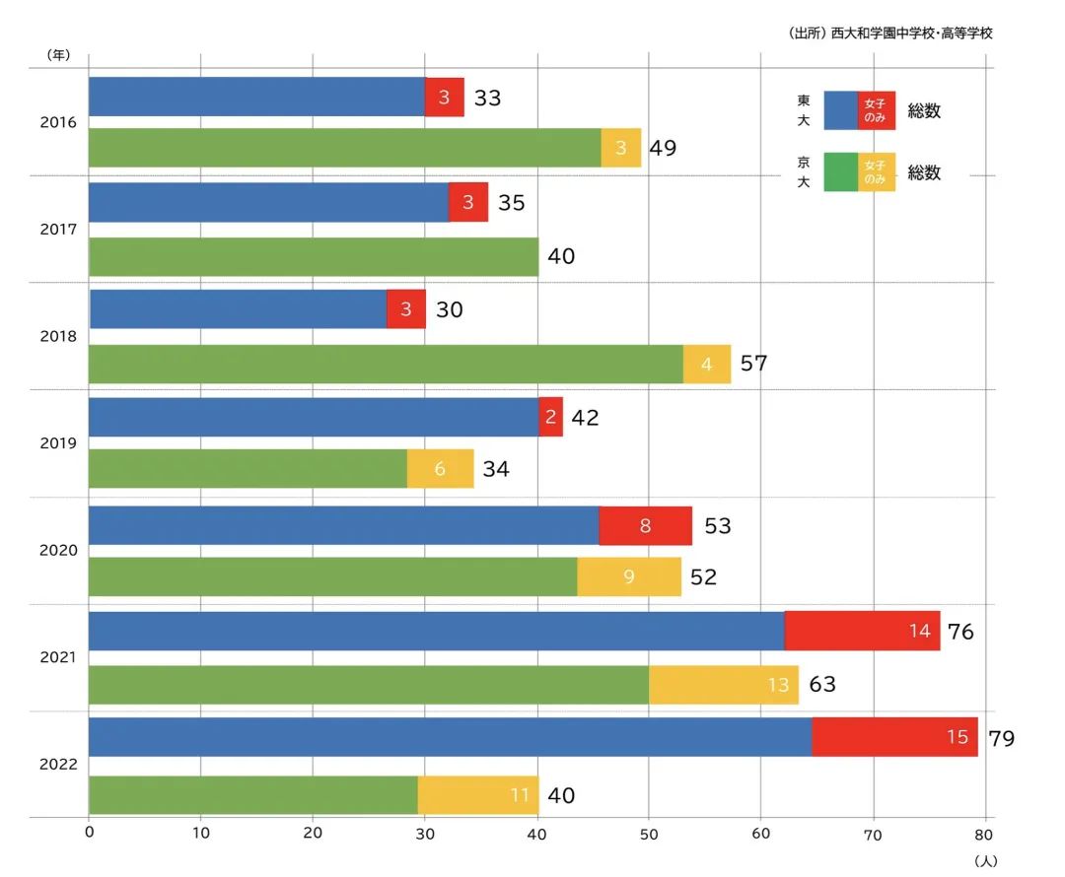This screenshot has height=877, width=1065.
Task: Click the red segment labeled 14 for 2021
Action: point(862,631)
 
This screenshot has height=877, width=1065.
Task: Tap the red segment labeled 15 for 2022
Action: point(894,737)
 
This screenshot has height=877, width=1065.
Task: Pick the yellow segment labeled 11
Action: point(478,795)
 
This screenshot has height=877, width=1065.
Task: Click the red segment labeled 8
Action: point(645,525)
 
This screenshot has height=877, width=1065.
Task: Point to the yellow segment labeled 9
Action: point(628,576)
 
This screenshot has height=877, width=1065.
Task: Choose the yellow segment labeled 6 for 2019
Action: point(440,469)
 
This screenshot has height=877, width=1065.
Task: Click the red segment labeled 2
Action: point(550,417)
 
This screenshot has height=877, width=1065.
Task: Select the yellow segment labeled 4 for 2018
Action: point(706,364)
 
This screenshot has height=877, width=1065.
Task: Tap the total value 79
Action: point(1001,738)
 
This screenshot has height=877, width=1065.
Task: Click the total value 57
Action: point(753,364)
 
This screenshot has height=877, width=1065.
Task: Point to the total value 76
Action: point(959,632)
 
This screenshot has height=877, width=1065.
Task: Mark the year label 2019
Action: point(58,443)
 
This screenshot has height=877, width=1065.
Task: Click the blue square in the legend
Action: point(840,110)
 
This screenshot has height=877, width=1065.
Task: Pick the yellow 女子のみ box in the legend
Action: point(876,172)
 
